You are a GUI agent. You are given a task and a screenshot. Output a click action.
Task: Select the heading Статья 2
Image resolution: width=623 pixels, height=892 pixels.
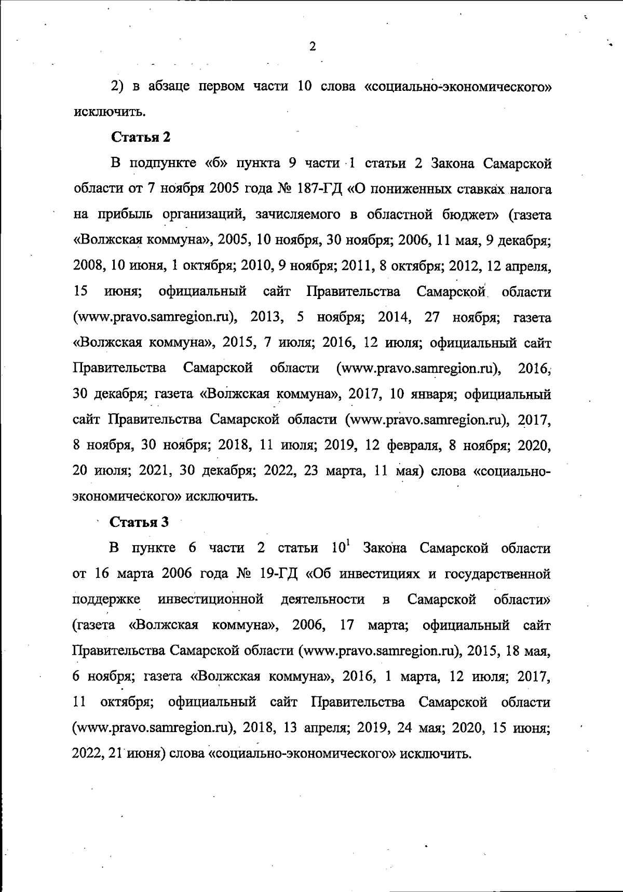click(x=141, y=137)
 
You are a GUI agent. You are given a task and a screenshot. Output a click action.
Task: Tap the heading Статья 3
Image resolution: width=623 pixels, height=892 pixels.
click(x=140, y=522)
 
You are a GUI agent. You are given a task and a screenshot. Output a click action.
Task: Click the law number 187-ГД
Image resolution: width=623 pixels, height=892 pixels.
click(x=318, y=189)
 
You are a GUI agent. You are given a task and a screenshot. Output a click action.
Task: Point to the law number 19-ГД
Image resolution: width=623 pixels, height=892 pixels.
click(x=278, y=574)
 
